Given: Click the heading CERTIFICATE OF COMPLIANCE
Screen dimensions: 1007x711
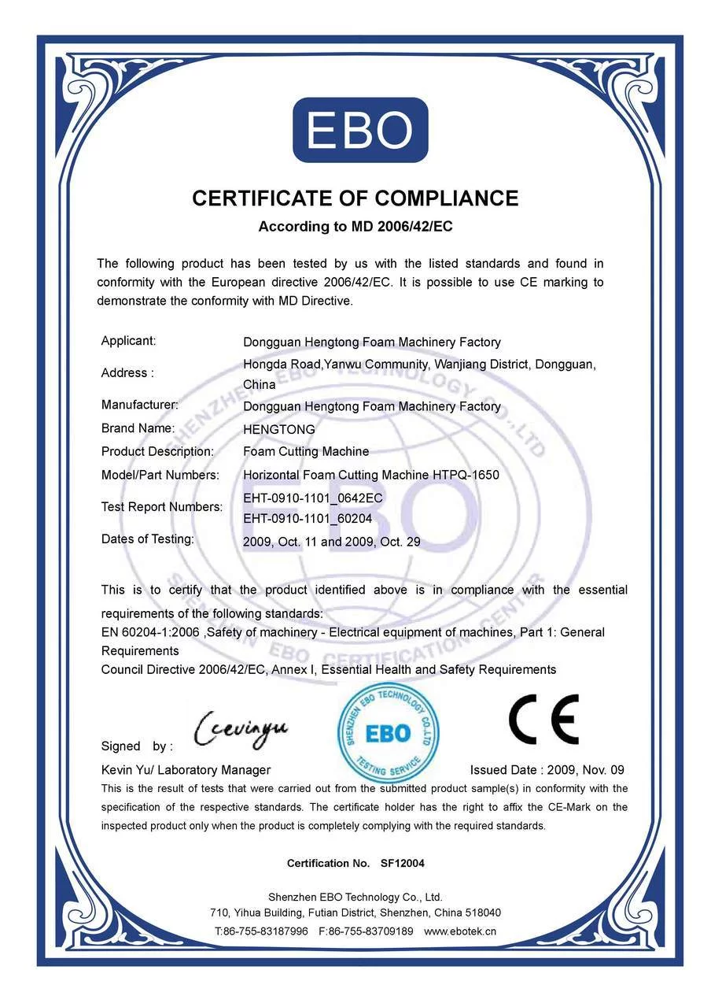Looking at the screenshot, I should click(355, 198).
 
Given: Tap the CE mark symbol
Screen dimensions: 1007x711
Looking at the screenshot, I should click(543, 720).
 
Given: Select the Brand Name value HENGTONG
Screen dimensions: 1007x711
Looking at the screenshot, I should click(278, 430).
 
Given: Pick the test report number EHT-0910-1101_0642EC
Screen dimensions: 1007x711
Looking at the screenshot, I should click(312, 498).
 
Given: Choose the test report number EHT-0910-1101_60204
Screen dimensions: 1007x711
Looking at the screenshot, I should click(308, 519).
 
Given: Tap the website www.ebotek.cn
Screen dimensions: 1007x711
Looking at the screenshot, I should click(460, 931).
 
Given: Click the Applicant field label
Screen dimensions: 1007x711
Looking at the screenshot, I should click(128, 341).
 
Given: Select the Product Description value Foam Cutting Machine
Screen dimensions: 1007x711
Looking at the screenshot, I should click(306, 452).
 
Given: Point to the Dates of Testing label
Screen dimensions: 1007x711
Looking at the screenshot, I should click(147, 539).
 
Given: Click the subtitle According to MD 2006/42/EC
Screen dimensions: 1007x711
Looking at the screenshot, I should click(355, 227).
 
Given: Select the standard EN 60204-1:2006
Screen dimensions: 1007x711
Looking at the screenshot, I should click(150, 632).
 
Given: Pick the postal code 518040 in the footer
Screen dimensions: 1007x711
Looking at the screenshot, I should click(482, 913).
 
